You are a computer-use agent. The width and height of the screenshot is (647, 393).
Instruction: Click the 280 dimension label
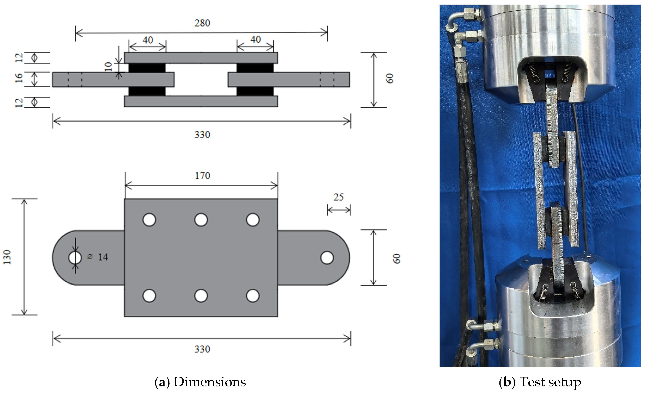pyautogui.click(x=202, y=23)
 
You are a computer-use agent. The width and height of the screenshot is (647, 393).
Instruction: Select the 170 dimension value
pyautogui.click(x=203, y=176)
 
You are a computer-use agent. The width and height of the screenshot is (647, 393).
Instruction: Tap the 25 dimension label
pyautogui.click(x=338, y=197)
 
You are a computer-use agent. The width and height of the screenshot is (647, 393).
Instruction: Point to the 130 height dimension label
pyautogui.click(x=7, y=257)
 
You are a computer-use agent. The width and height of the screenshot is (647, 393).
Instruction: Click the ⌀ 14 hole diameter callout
pyautogui.click(x=97, y=257)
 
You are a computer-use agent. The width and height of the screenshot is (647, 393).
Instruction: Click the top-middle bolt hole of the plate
pyautogui.click(x=201, y=220)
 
